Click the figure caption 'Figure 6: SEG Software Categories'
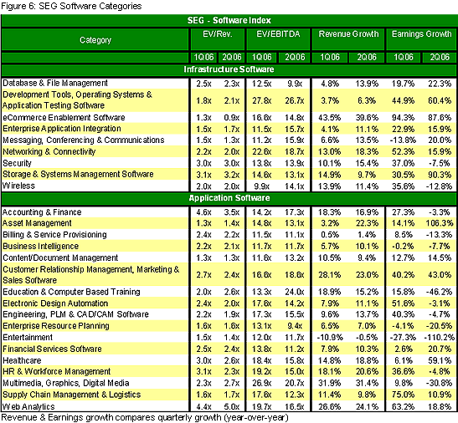(71, 6)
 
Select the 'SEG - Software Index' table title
(229, 20)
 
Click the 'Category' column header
(95, 40)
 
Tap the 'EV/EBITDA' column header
(278, 34)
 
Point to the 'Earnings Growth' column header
(421, 34)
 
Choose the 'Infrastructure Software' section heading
(229, 69)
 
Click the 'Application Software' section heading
(229, 198)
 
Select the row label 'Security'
(17, 163)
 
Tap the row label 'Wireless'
(18, 186)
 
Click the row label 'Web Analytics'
(28, 406)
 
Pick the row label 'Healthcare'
(22, 360)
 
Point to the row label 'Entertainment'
(28, 337)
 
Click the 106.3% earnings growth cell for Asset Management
(440, 223)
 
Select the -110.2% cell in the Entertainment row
(440, 338)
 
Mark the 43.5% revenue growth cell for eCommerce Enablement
(330, 118)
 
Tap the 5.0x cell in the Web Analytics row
(232, 406)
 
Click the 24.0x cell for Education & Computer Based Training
(295, 292)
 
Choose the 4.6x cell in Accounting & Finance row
(203, 212)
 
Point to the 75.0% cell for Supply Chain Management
(403, 395)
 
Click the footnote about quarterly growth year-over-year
(145, 417)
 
